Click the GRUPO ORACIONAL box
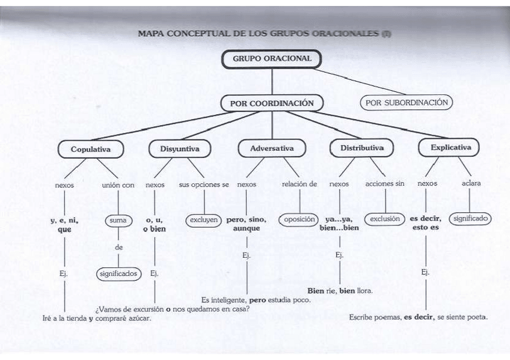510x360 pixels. coord(272,59)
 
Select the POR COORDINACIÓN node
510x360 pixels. coord(272,103)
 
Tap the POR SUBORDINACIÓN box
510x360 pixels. coord(407,102)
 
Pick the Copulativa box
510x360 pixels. coord(90,148)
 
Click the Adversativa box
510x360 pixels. coord(271,148)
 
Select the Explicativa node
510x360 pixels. coord(450,147)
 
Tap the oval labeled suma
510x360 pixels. coord(118,221)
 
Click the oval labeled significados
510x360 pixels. coord(118,273)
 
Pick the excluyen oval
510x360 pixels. coord(204,220)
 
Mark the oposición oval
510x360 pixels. coord(298,219)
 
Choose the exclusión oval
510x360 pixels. coord(385,219)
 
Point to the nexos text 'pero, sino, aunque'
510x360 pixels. coord(247,224)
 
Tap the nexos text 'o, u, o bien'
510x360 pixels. coord(155,224)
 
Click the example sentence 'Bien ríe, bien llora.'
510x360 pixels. coord(340,291)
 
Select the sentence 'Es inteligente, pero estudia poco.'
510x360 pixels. coord(256,299)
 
